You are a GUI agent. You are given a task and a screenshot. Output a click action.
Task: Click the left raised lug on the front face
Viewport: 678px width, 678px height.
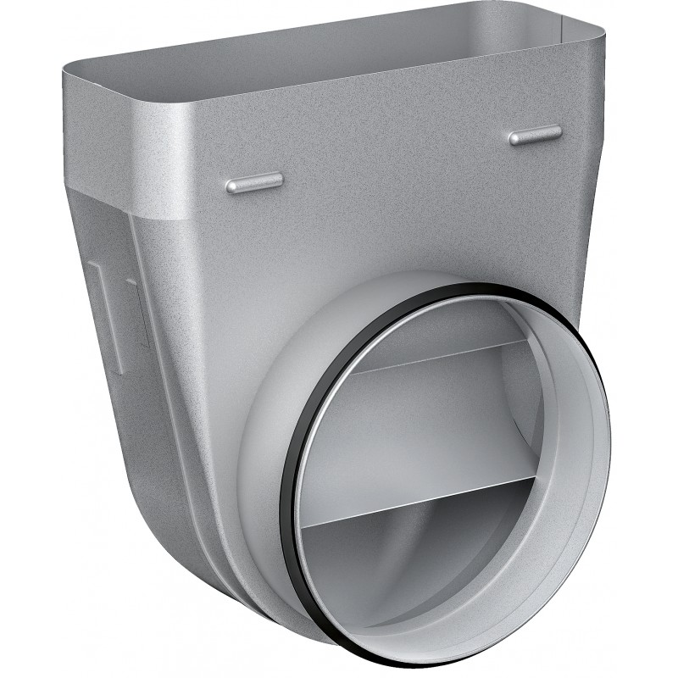point(255,182)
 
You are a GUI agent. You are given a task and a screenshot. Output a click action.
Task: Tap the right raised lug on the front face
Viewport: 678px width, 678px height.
point(535,135)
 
